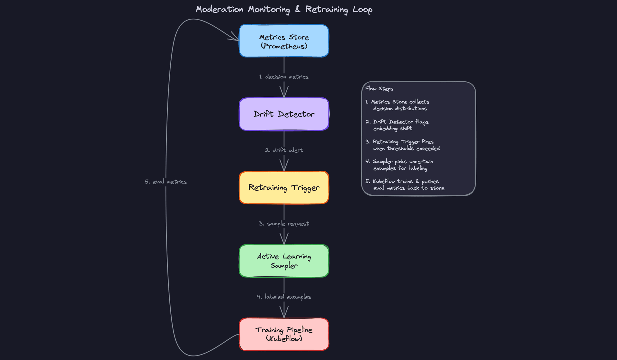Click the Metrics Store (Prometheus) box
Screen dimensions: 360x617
pos(284,41)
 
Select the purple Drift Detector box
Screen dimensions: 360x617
pos(284,114)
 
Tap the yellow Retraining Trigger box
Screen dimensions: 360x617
pos(284,187)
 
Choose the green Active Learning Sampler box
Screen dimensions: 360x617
pos(284,261)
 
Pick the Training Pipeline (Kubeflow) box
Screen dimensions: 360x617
pos(284,334)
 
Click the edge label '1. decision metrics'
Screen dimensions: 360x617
pos(284,77)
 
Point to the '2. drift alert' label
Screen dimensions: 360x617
pos(284,150)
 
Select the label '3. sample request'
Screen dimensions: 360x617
pos(284,223)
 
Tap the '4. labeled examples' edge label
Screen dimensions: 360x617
pos(284,297)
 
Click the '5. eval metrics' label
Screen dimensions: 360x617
pos(165,182)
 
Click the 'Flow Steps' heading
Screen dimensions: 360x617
pos(379,89)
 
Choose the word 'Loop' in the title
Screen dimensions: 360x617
pos(362,10)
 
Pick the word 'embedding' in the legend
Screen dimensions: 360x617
pos(385,128)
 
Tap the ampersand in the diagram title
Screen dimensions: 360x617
pos(298,9)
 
